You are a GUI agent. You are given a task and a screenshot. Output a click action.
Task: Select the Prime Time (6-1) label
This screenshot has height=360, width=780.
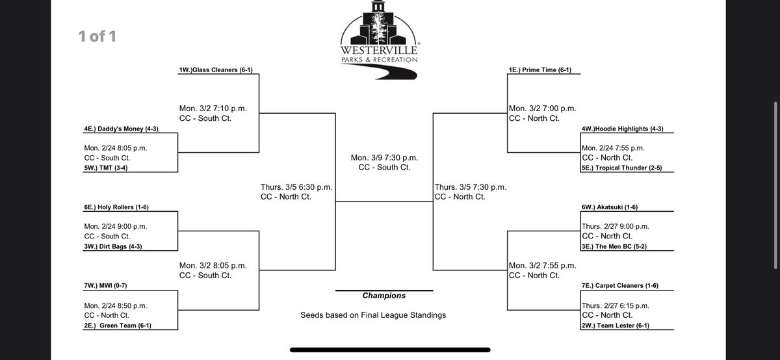540,70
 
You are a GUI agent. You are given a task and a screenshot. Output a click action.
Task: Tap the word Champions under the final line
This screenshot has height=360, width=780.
383,296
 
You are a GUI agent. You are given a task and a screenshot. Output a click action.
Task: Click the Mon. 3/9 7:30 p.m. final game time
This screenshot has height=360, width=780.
384,157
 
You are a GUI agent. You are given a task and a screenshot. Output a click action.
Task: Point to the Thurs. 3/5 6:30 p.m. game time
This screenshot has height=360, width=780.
296,186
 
